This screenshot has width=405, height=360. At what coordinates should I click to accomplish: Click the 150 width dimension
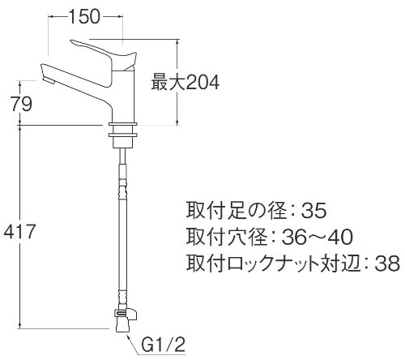84,17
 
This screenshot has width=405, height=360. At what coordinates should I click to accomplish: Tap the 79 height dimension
22,104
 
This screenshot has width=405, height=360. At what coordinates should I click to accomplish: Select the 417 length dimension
19,232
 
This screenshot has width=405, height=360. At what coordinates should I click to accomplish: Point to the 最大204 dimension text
185,83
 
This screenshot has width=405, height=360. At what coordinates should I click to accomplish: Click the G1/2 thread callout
163,345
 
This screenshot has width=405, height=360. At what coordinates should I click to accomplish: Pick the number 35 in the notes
313,210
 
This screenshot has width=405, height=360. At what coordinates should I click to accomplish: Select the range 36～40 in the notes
318,237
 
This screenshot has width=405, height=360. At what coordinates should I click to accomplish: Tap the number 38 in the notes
387,263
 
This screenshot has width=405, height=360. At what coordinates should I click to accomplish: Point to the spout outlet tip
49,80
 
